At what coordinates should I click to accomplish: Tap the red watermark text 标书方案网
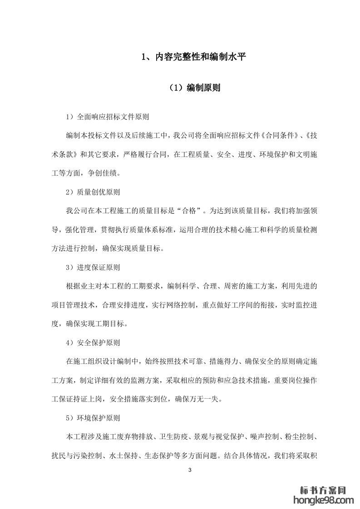point(324,490)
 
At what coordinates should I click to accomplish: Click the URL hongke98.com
point(324,500)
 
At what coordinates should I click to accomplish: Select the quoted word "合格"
point(188,211)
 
